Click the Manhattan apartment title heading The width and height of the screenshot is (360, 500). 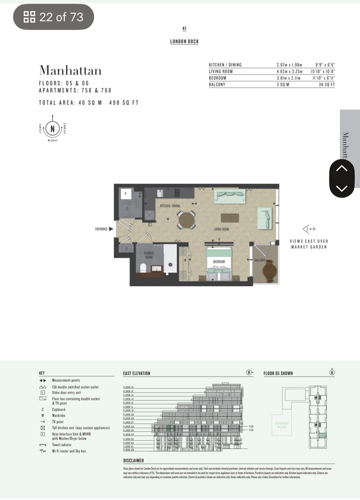pyautogui.click(x=70, y=71)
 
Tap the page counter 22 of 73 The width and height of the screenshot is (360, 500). pyautogui.click(x=54, y=17)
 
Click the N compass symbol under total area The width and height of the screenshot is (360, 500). pyautogui.click(x=52, y=128)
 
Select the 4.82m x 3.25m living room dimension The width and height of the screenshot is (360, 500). pyautogui.click(x=289, y=71)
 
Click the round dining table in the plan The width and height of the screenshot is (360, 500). pyautogui.click(x=187, y=220)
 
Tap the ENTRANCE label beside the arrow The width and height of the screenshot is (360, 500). pyautogui.click(x=101, y=229)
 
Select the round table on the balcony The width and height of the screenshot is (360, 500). pyautogui.click(x=270, y=271)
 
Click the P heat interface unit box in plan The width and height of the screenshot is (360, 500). pyautogui.click(x=125, y=194)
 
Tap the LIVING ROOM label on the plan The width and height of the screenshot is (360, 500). pyautogui.click(x=221, y=229)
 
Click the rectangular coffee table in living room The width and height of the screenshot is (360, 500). pyautogui.click(x=230, y=218)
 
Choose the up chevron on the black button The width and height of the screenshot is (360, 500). pyautogui.click(x=341, y=169)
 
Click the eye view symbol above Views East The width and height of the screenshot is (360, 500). pyautogui.click(x=308, y=229)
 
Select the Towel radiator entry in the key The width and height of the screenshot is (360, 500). pyautogui.click(x=62, y=445)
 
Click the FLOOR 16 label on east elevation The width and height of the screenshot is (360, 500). pyautogui.click(x=128, y=387)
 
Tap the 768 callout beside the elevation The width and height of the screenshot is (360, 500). pyautogui.click(x=251, y=426)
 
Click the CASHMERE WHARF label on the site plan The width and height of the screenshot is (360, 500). pyautogui.click(x=282, y=425)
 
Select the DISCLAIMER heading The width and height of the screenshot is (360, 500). pyautogui.click(x=133, y=460)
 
